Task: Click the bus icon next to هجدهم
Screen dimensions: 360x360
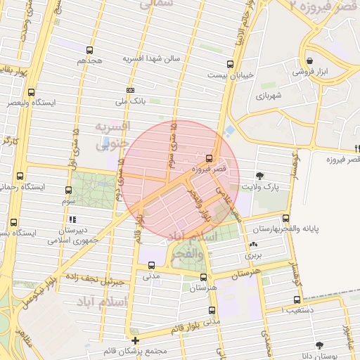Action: [89, 50]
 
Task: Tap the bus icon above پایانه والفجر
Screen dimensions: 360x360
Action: [285, 218]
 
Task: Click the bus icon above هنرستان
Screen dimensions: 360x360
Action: [203, 277]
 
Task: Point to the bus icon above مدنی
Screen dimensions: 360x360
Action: [152, 265]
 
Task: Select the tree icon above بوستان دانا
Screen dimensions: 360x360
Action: [320, 345]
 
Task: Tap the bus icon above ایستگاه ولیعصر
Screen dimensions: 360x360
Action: [31, 92]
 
